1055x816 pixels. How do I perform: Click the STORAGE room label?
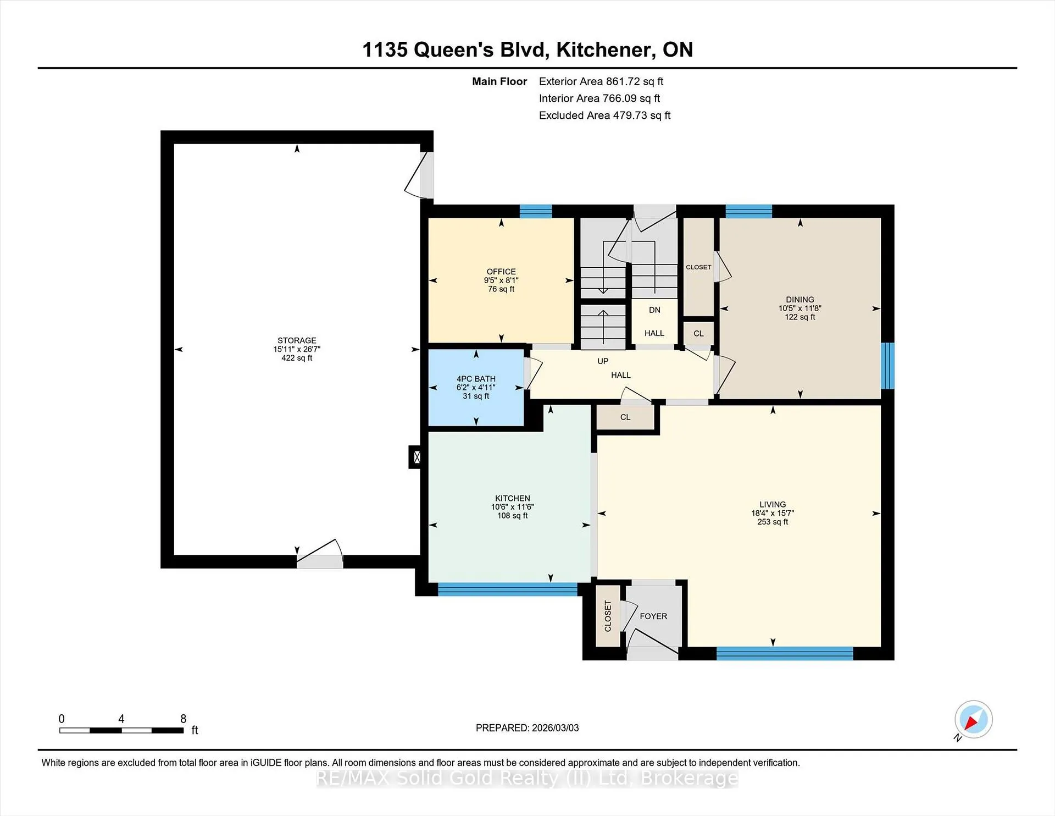click(x=297, y=340)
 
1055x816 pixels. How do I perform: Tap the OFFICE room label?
click(x=501, y=272)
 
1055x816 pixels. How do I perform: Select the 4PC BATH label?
click(x=476, y=379)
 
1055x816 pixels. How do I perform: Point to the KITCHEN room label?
click(x=513, y=498)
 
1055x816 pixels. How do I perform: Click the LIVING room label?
click(x=773, y=504)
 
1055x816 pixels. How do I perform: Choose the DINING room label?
click(x=800, y=300)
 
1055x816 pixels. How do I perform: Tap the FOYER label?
click(x=653, y=616)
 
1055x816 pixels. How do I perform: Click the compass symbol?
click(x=973, y=720)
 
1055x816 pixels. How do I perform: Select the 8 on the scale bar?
click(x=184, y=719)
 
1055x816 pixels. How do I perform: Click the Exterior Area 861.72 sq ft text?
click(x=601, y=81)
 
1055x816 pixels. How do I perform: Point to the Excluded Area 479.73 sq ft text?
click(x=604, y=115)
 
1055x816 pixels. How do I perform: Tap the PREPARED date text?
click(x=527, y=728)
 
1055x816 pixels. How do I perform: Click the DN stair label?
click(x=654, y=310)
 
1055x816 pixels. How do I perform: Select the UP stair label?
click(x=603, y=361)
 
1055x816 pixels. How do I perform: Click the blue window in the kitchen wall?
click(x=508, y=589)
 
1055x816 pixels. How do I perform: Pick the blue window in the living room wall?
click(x=785, y=654)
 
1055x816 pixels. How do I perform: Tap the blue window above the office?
click(x=536, y=211)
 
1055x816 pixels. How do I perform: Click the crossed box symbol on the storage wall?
click(x=417, y=457)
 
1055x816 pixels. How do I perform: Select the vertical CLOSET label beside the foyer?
click(x=608, y=616)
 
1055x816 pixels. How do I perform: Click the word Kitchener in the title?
click(x=605, y=50)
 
